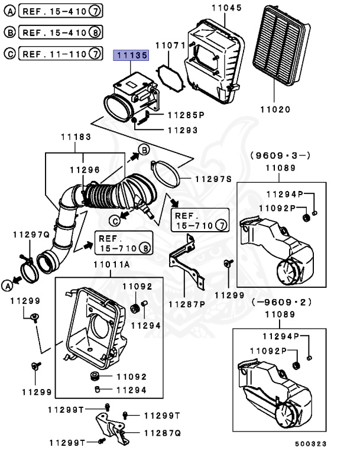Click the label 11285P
coord(185,114)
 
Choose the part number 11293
coord(182,130)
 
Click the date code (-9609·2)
coord(280,302)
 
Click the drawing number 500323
coord(310,443)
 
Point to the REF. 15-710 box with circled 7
coord(199,220)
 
